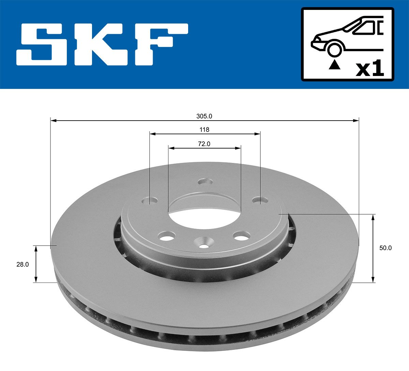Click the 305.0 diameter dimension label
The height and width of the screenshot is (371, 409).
coord(204,116)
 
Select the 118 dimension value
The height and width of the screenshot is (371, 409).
coord(204,129)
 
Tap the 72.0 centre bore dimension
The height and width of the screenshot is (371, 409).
coord(204,144)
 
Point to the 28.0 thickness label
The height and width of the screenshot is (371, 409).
coord(22,264)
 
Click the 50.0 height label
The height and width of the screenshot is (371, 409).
coord(385,248)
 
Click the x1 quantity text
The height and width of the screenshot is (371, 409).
coord(370,69)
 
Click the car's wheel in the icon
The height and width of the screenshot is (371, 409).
coord(334,49)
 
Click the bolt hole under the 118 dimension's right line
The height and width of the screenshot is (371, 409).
coord(260,200)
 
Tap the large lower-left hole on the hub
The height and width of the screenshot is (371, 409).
coord(167,235)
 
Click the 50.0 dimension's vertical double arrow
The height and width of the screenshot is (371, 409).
coord(373,248)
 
